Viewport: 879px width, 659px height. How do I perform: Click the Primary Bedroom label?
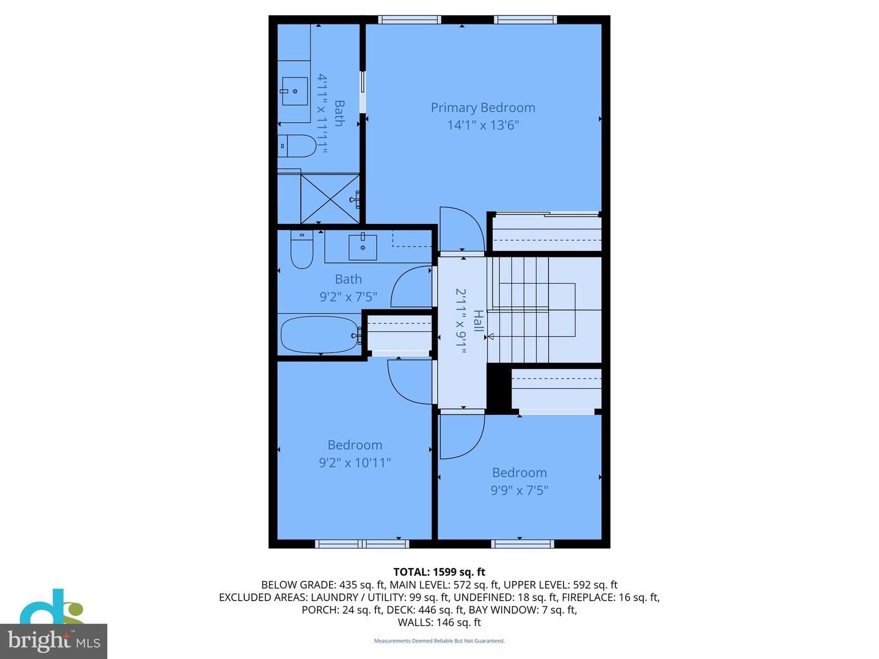click(483, 107)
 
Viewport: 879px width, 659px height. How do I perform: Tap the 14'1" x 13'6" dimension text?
click(483, 125)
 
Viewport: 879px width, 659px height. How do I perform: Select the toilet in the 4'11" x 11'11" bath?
click(297, 146)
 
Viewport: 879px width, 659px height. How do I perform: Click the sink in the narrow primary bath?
click(295, 92)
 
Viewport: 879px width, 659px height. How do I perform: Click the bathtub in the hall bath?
click(319, 334)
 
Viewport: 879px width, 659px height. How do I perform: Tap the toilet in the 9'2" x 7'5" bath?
click(302, 250)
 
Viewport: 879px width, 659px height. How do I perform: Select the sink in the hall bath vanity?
click(363, 247)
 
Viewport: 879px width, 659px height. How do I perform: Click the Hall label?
click(479, 321)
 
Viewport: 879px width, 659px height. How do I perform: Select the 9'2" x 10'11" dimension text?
click(355, 463)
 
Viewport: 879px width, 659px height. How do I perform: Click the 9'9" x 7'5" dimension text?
click(519, 490)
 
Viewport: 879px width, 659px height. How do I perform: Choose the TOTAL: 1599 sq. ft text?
click(439, 572)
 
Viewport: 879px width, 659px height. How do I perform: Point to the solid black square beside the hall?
click(498, 387)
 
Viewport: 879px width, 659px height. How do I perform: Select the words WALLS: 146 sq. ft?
click(439, 622)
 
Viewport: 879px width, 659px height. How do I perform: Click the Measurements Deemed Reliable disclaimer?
click(439, 641)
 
